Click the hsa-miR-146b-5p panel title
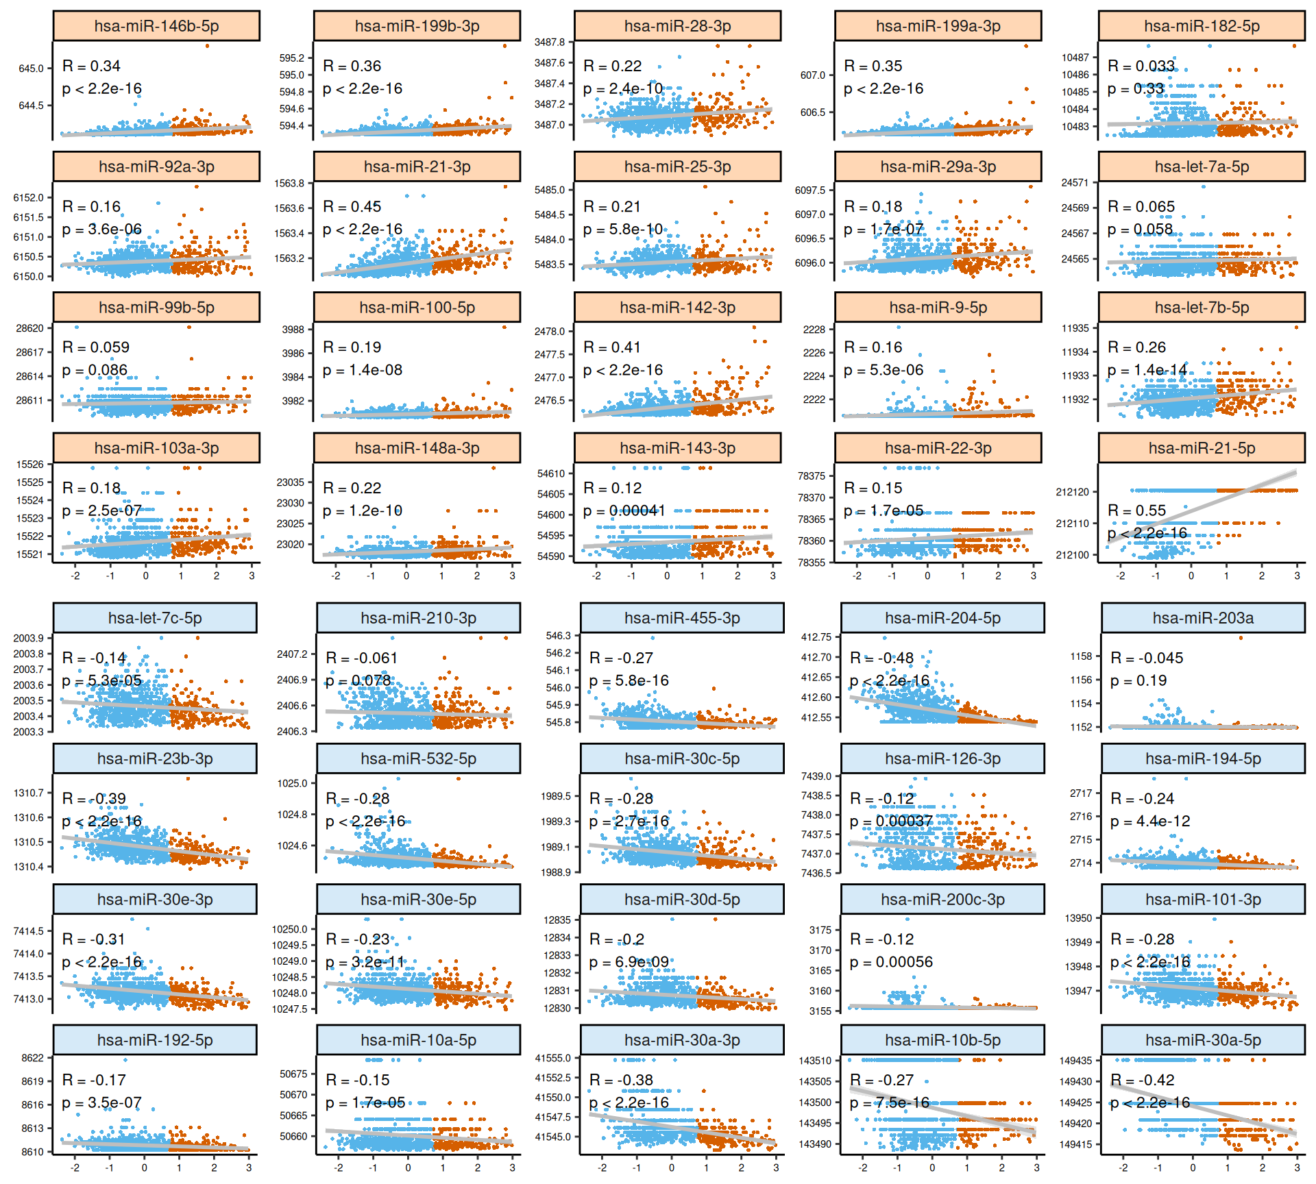(x=156, y=26)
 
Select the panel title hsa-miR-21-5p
(x=1202, y=448)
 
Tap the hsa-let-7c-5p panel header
(x=155, y=618)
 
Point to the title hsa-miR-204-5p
(x=942, y=618)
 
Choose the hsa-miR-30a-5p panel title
(x=1203, y=1040)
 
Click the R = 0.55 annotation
(x=1136, y=510)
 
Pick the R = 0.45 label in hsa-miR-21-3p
(x=352, y=206)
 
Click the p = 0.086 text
(x=95, y=370)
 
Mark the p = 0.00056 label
(x=891, y=962)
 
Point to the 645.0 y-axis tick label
(x=31, y=69)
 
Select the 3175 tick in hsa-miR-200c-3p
(x=820, y=930)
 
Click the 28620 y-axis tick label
(x=29, y=328)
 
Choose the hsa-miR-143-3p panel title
(x=677, y=448)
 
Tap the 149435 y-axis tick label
(x=1075, y=1061)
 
